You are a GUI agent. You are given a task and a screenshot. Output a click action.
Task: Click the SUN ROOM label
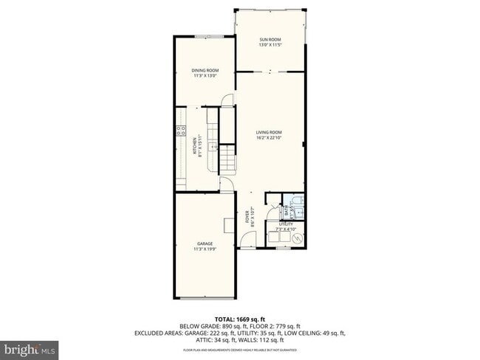click(x=270, y=40)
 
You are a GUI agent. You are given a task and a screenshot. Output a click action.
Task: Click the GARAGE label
click(x=205, y=243)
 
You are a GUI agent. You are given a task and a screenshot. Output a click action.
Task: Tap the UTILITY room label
click(x=285, y=224)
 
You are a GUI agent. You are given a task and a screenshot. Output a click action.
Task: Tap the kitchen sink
click(x=213, y=148)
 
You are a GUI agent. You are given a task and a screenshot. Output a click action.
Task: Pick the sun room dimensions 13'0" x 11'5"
click(x=270, y=46)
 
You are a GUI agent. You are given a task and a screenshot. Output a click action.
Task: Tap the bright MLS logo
click(x=30, y=347)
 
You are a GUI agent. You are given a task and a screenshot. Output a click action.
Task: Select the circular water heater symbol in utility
click(x=297, y=238)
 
